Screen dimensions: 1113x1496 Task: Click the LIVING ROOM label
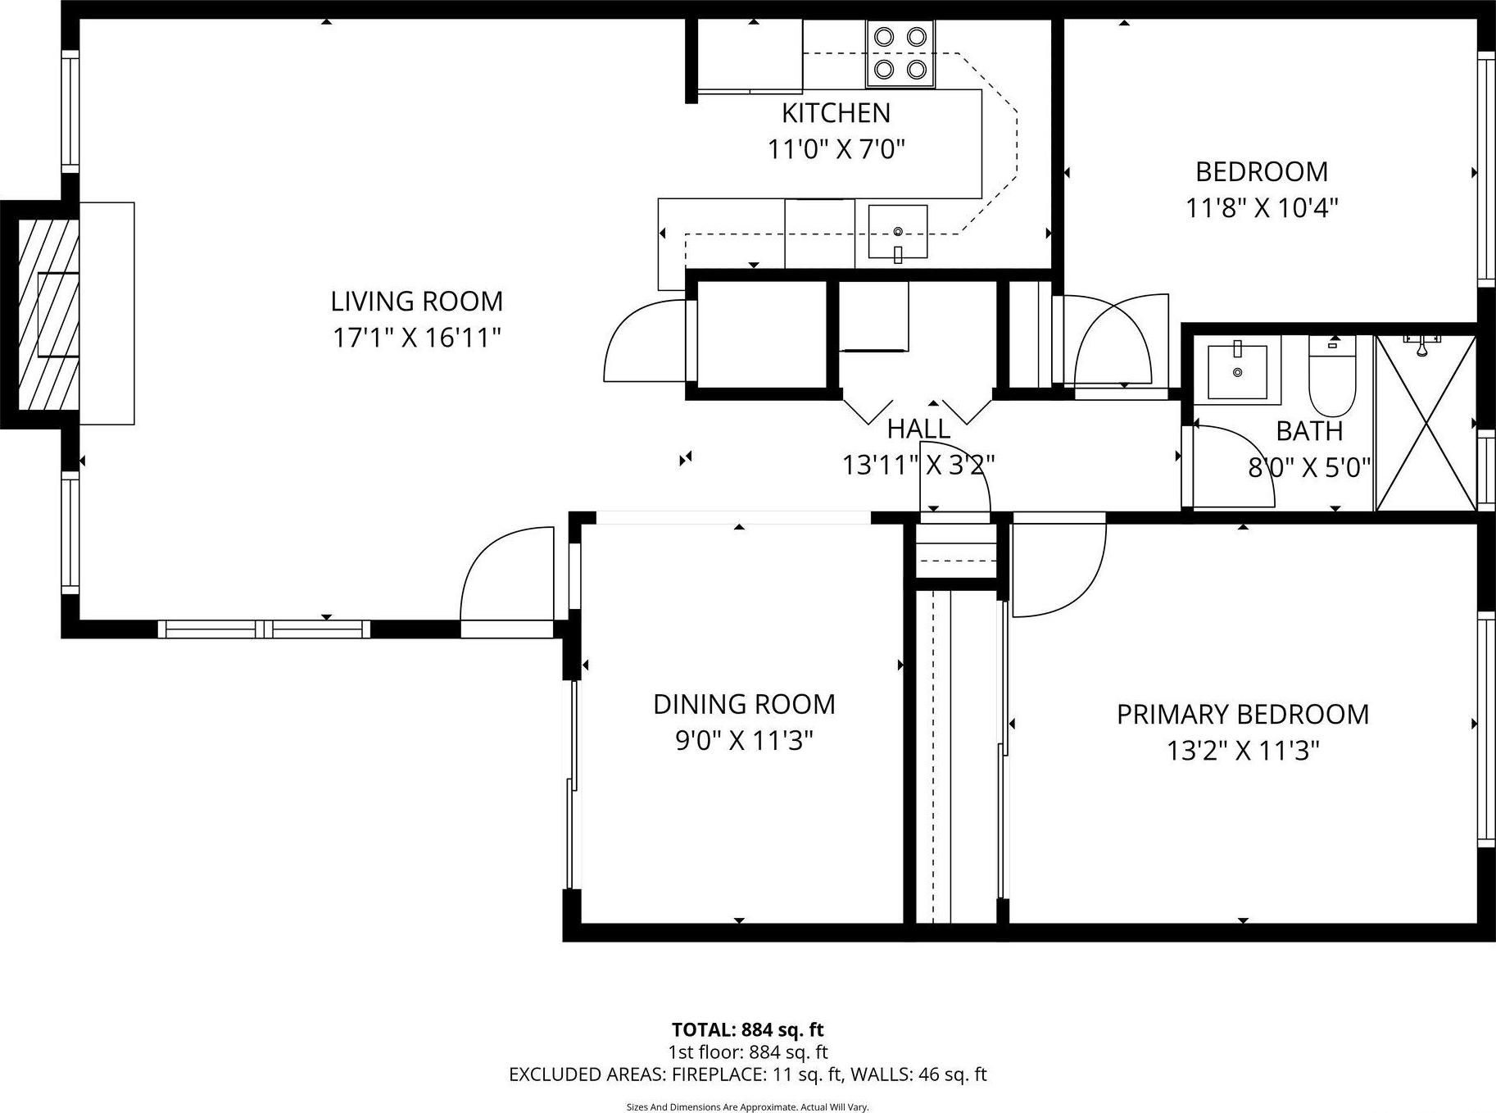tap(416, 302)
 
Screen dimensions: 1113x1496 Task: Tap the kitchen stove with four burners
tap(900, 53)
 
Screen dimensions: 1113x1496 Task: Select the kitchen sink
tap(898, 233)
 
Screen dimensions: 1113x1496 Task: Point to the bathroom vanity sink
tap(1237, 371)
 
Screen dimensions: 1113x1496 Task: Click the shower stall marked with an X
tap(1426, 425)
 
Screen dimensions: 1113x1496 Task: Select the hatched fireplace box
tap(48, 314)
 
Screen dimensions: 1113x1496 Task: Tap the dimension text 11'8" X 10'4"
tap(1262, 208)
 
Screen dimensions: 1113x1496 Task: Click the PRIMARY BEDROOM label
tap(1242, 714)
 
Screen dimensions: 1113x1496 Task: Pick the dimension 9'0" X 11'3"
tap(744, 741)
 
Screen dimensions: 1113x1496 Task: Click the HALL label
tap(918, 429)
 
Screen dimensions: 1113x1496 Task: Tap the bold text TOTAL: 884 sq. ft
tap(747, 1029)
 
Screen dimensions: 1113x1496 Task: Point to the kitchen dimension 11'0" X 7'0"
tap(836, 150)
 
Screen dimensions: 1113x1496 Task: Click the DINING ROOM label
tap(744, 704)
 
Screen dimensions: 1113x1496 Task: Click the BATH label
tap(1309, 430)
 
